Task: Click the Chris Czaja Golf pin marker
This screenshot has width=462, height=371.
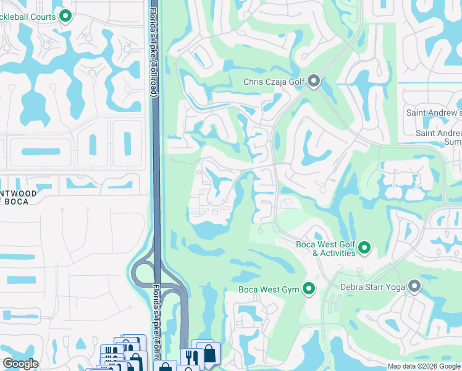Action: tap(314, 82)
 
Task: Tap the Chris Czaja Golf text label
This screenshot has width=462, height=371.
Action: tap(274, 82)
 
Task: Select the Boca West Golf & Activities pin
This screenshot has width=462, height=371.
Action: tap(364, 249)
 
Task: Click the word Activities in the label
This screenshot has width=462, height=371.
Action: tap(334, 253)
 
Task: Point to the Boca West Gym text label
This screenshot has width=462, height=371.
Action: tap(269, 289)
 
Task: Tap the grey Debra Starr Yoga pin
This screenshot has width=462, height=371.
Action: tap(414, 286)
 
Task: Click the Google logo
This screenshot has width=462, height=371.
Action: tap(20, 364)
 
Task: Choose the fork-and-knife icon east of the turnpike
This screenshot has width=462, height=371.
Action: tap(191, 357)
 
